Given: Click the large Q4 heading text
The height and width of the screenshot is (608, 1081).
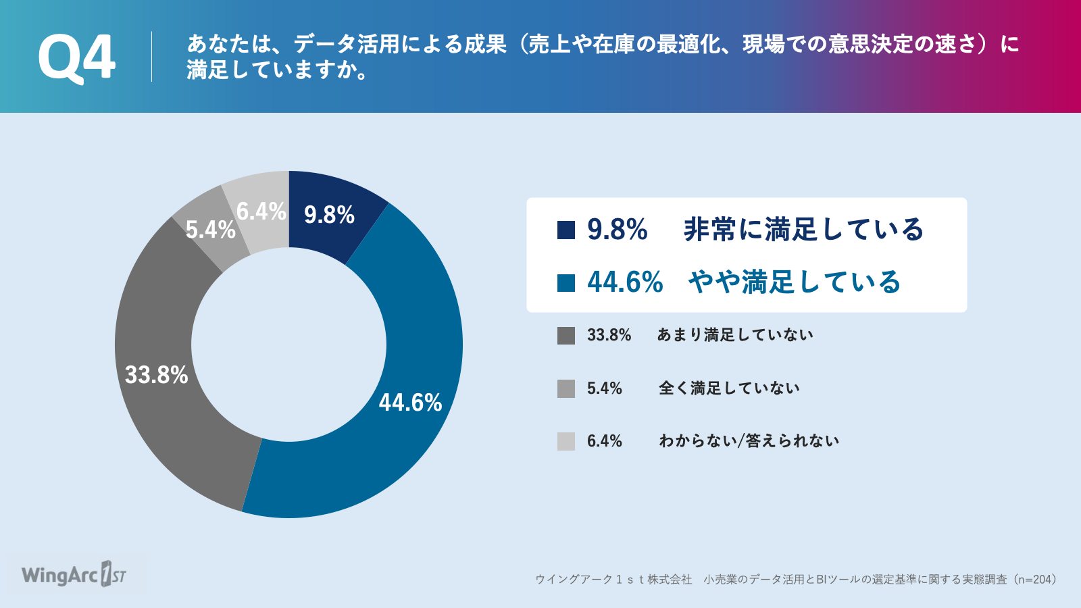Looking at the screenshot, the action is pos(76,58).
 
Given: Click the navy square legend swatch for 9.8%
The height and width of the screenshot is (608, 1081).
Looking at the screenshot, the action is pos(566,230).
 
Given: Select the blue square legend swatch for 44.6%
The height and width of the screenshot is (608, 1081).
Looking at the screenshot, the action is pos(566,283).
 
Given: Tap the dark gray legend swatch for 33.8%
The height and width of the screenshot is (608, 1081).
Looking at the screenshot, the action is pos(566,335).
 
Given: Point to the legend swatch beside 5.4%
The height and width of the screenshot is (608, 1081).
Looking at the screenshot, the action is pos(566,388).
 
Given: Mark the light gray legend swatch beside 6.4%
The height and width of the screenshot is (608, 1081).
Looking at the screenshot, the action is pos(566,442).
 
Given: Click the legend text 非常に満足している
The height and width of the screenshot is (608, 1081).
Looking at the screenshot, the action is pos(803,229).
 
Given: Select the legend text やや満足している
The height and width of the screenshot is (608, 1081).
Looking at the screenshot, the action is pos(795,282).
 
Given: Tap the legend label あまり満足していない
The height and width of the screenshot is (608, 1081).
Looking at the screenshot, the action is pos(735,335).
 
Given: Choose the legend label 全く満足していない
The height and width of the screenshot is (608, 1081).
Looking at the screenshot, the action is pos(729,388).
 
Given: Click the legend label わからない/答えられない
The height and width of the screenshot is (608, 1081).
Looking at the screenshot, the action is pos(749,440).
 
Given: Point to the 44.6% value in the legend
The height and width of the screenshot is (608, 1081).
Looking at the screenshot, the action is pos(625,282).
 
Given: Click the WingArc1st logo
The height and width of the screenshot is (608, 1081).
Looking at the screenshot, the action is pos(74,575).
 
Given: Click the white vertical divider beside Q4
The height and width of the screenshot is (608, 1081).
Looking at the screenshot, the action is pos(151,57).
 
